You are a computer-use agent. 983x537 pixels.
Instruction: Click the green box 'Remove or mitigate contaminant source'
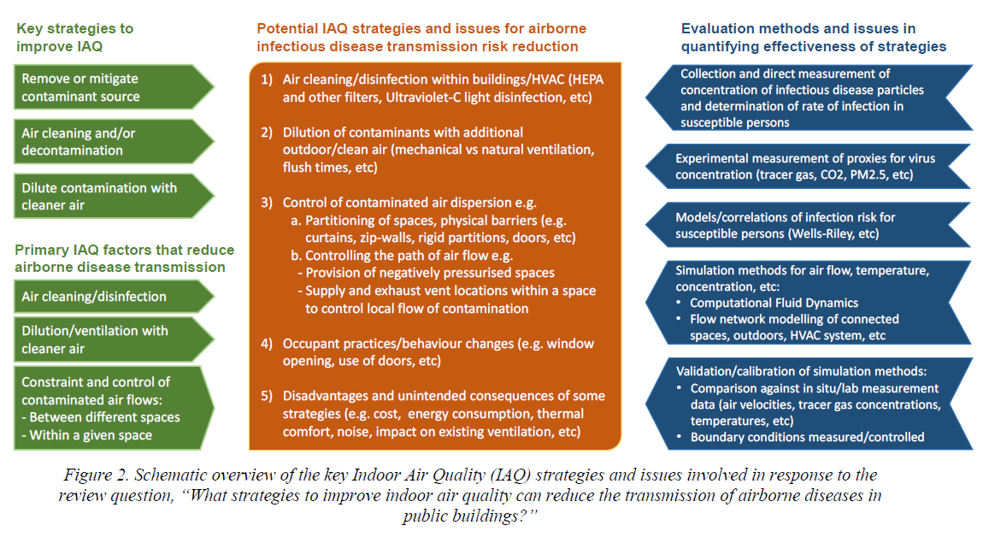click(x=114, y=87)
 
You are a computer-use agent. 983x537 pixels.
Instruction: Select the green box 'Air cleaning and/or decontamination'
click(x=114, y=142)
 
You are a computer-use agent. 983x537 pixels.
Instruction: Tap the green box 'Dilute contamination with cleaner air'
click(x=114, y=197)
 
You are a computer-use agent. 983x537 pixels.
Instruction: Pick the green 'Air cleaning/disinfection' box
click(x=114, y=297)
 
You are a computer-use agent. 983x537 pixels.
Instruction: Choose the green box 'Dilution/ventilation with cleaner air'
click(x=114, y=339)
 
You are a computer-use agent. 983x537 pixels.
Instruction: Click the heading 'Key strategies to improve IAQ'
click(x=74, y=37)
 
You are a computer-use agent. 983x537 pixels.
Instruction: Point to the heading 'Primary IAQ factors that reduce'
click(x=124, y=250)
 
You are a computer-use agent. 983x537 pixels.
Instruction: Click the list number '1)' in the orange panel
click(x=267, y=79)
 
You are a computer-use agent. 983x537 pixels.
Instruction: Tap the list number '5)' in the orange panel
click(x=267, y=396)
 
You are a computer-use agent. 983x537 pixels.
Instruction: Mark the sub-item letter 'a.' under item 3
click(x=296, y=221)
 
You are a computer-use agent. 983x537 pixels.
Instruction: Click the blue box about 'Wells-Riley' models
click(x=809, y=226)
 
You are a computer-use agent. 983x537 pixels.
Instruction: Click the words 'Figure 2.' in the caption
click(x=96, y=475)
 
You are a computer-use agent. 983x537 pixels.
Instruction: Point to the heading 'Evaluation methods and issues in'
click(x=798, y=29)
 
